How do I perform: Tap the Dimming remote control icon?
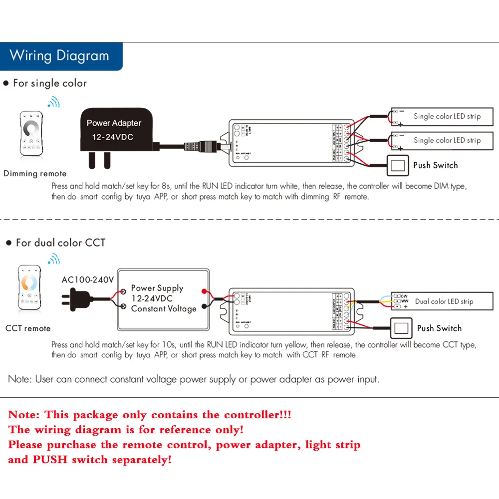[x=31, y=134]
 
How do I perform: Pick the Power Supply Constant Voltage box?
[x=162, y=298]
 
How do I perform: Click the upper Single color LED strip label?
[x=447, y=116]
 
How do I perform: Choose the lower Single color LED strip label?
[x=447, y=140]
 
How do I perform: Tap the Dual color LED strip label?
[x=444, y=301]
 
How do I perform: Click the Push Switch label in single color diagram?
[x=435, y=165]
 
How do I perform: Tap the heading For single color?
[x=49, y=83]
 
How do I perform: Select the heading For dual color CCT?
[x=60, y=243]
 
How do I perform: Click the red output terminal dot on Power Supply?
[x=204, y=291]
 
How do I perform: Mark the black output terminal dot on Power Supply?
[x=204, y=306]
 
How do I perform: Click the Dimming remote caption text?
[x=35, y=174]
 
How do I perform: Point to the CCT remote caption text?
[x=28, y=328]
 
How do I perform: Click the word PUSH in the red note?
[x=50, y=460]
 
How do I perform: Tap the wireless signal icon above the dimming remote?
[x=53, y=103]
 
